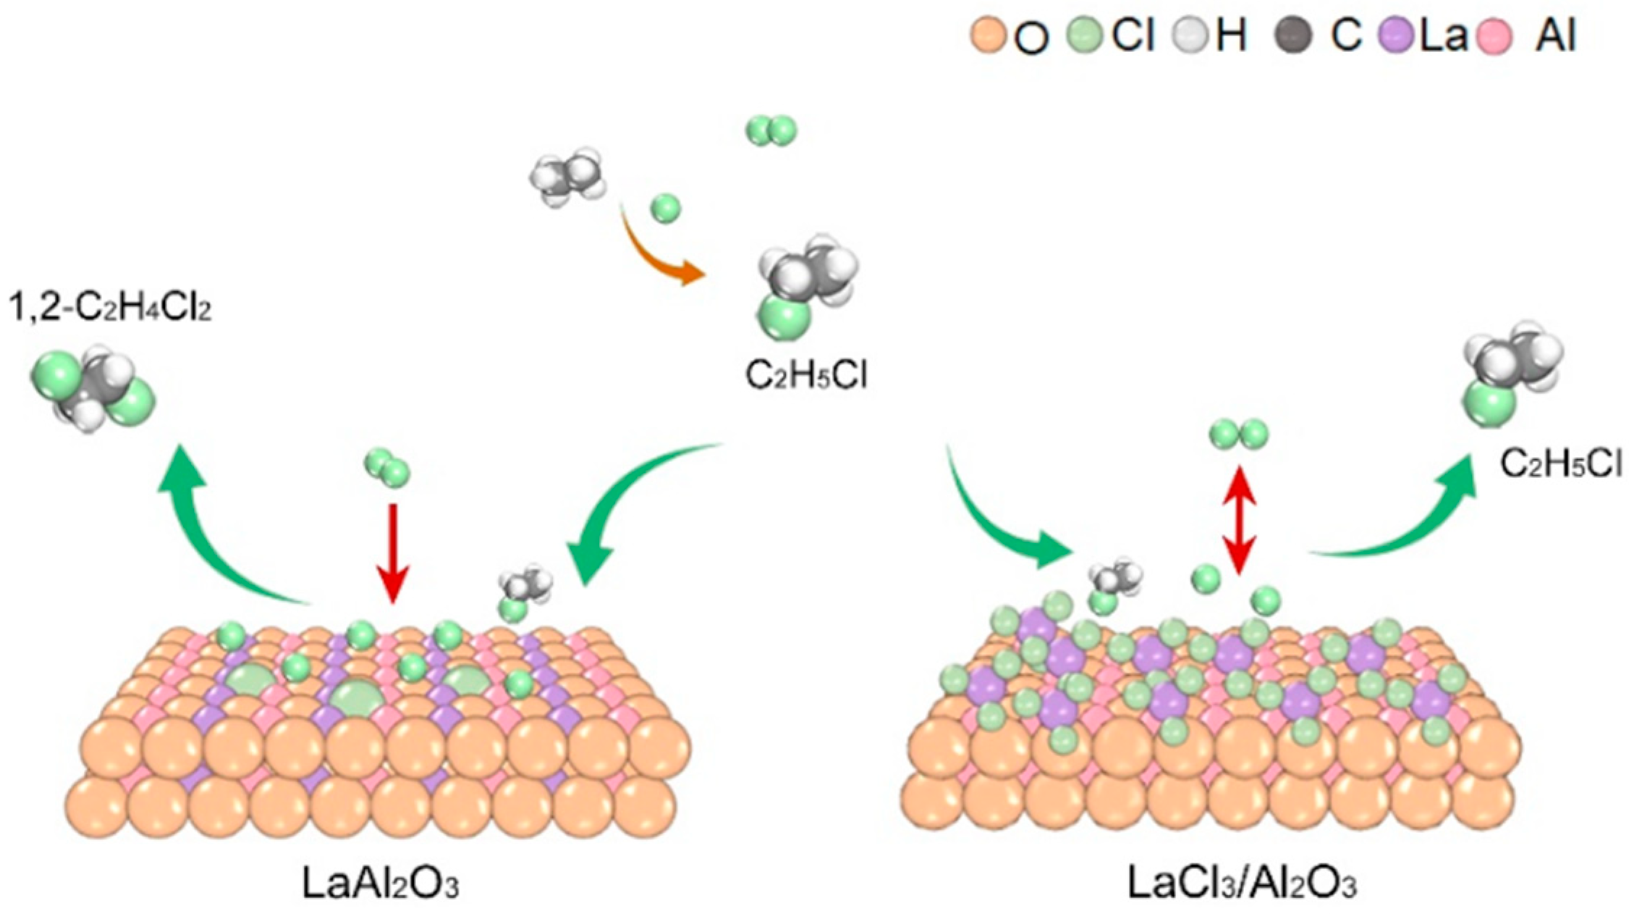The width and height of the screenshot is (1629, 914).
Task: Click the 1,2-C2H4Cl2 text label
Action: click(110, 310)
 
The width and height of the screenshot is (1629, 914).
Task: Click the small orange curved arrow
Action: click(659, 250)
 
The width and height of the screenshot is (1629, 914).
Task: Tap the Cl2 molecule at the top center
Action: click(771, 132)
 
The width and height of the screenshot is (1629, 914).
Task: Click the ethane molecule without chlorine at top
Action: click(566, 174)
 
